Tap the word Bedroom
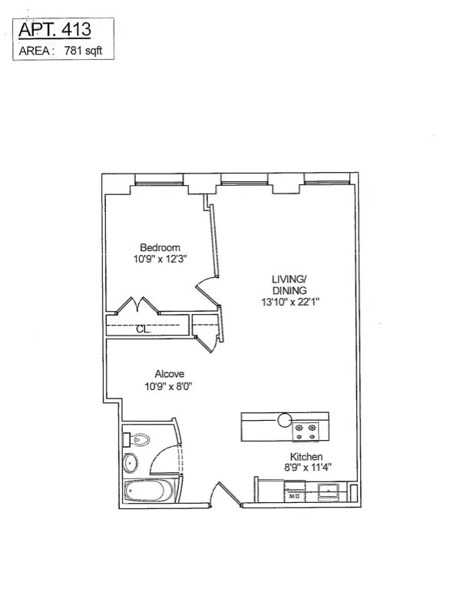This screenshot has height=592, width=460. pos(160,247)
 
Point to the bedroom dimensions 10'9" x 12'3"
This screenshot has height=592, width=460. pos(160,260)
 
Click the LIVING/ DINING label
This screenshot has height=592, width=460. pos(289,284)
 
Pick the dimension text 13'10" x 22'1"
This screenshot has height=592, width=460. pos(289,302)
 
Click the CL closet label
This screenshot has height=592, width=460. pos(142,330)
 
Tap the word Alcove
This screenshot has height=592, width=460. pos(161,374)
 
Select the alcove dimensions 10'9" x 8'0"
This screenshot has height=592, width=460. pos(161,386)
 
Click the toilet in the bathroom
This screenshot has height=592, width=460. pos(137,440)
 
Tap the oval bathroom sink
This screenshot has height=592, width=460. pos(131,464)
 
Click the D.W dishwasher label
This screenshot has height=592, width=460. pos(293,497)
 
